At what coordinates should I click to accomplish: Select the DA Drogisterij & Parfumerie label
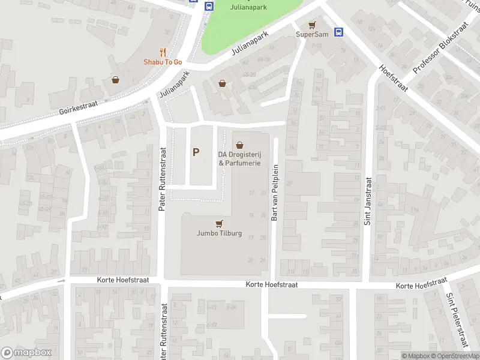[239, 158]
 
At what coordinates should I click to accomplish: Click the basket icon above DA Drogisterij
[240, 145]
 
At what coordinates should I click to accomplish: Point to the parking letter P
[196, 152]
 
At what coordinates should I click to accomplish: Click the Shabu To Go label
[162, 62]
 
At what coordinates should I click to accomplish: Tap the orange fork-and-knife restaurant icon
[163, 52]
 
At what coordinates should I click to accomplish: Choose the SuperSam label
[312, 34]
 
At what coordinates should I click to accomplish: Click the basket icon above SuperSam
[311, 25]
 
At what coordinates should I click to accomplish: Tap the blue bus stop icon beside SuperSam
[338, 32]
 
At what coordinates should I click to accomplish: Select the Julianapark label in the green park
[250, 7]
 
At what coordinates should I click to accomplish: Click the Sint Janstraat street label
[368, 200]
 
